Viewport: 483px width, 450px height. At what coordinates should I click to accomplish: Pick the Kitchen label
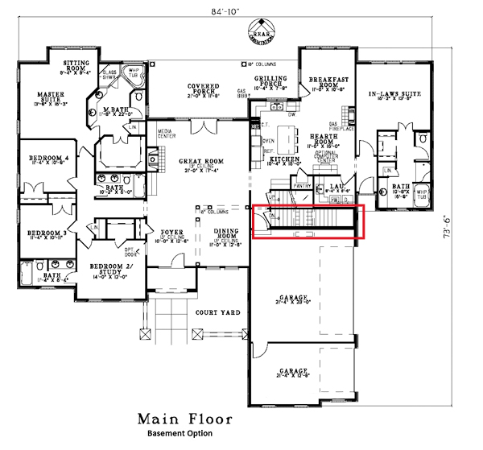[x=285, y=159]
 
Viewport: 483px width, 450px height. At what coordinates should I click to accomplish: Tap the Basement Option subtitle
[x=180, y=434]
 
